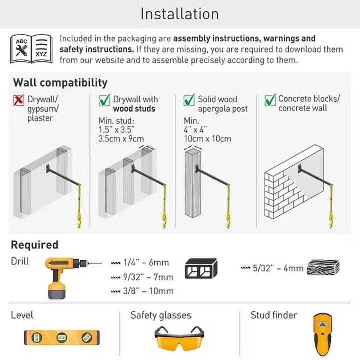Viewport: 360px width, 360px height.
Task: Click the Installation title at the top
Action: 179,14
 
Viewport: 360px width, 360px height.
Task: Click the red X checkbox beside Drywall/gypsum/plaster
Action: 19,100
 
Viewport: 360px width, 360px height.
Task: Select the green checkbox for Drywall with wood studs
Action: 104,100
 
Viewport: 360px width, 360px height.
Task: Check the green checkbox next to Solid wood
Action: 189,100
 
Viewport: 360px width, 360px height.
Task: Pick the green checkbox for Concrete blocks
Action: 270,100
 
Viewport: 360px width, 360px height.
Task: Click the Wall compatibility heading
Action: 60,82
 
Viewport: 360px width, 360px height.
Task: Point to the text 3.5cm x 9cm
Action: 121,139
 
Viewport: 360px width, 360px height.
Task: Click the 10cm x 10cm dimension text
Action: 207,139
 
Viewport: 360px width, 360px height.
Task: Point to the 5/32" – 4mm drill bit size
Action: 278,268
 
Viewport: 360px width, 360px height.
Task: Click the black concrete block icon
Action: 201,269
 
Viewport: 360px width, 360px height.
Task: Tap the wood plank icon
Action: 323,268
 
